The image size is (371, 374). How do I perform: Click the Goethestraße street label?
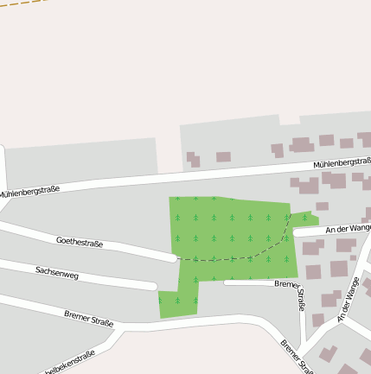[x=80, y=243]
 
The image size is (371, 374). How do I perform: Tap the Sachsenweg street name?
[x=57, y=273]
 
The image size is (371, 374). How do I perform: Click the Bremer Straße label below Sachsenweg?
[x=89, y=318]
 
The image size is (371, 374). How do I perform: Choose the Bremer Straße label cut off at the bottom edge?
[x=295, y=355]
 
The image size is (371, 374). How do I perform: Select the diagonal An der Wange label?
[x=348, y=299]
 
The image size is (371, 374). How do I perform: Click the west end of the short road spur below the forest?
[x=227, y=282]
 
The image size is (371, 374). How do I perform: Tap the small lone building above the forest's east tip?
[x=322, y=206]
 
